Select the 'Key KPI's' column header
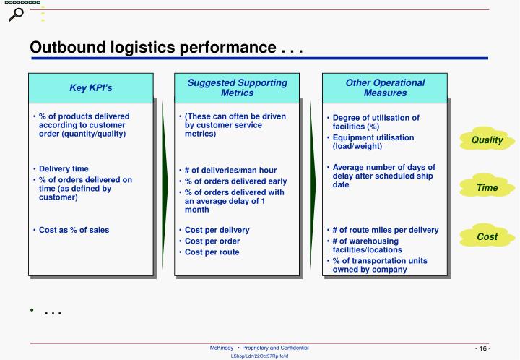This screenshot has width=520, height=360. pos(90,88)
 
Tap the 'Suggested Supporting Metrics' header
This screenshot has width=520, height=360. pos(237,88)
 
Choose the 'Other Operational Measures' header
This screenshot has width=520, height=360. pos(385,88)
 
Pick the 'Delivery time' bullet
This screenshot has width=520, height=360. pos(64,168)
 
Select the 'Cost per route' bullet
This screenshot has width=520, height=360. pos(212,252)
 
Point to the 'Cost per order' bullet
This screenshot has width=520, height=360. pos(213,241)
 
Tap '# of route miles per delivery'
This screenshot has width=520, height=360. pos(385,231)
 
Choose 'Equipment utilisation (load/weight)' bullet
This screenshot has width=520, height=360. pos(373,142)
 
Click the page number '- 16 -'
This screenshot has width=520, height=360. pos(482,349)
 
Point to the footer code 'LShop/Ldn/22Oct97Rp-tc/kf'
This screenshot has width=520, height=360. pos(259,356)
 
